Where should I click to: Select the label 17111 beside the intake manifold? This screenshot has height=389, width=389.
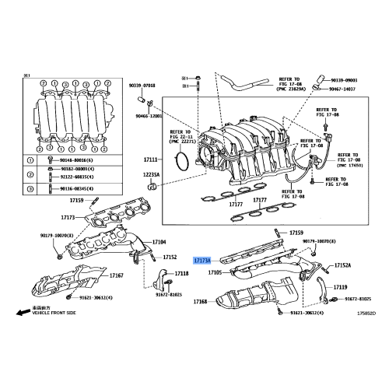click(150, 159)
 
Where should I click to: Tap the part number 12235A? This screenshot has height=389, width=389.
click(150, 176)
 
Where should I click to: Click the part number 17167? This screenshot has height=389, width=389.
click(117, 275)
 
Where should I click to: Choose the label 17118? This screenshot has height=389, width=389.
click(181, 274)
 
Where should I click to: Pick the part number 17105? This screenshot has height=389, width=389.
click(215, 273)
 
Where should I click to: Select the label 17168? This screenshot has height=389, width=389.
click(200, 300)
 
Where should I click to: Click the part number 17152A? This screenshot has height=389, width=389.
click(343, 266)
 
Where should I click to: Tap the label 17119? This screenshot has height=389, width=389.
click(341, 287)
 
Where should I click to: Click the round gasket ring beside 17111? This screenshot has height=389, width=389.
click(180, 161)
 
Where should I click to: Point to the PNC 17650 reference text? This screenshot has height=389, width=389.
click(351, 166)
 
